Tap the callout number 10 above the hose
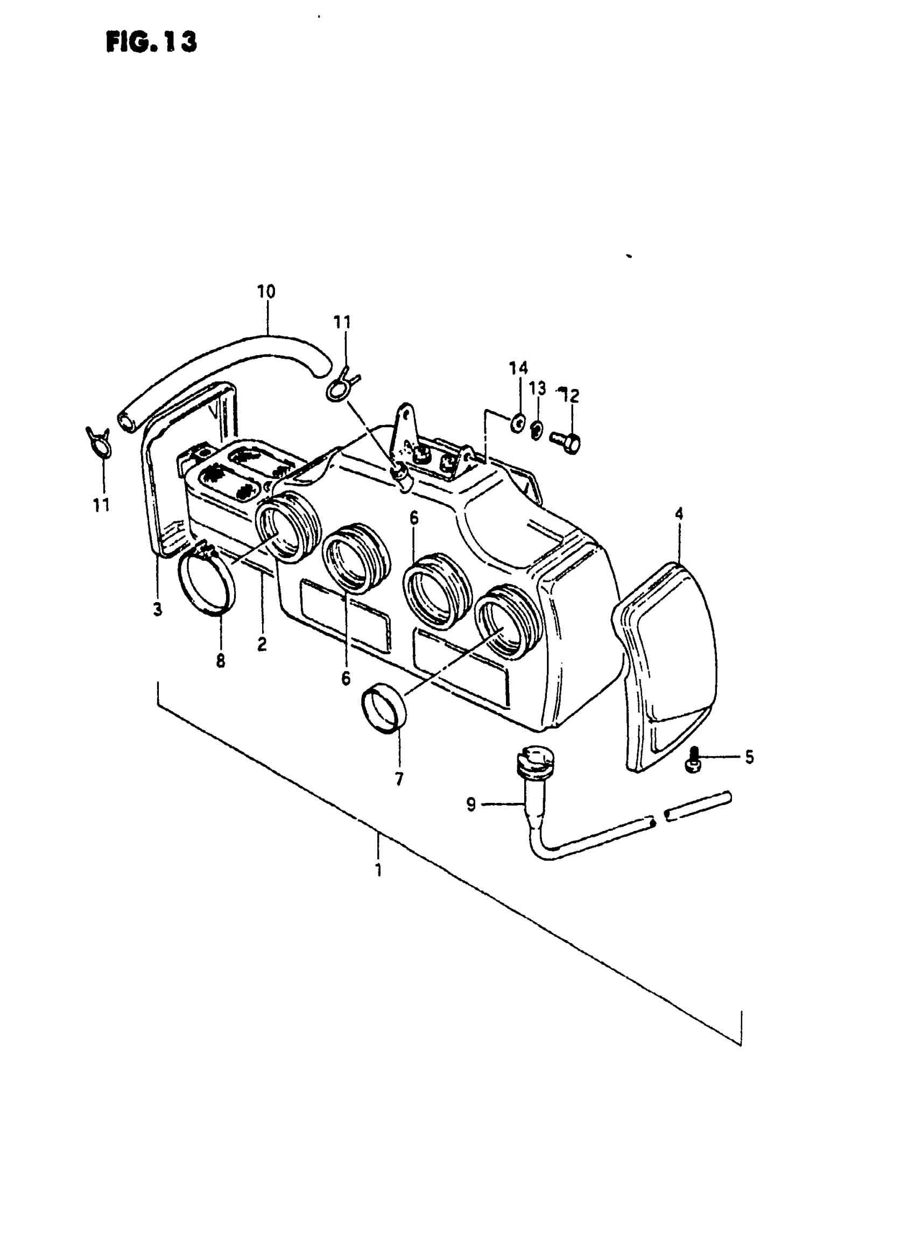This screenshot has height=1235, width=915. [266, 291]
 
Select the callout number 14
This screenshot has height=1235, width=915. [518, 368]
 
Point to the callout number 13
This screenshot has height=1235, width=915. [537, 388]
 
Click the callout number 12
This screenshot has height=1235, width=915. [569, 396]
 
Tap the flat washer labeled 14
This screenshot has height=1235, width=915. [518, 424]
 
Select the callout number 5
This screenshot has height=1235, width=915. [749, 757]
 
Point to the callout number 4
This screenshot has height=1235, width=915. [679, 514]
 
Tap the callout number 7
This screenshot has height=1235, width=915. [399, 779]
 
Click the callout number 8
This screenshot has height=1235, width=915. [221, 660]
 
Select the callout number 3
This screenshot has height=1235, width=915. [158, 609]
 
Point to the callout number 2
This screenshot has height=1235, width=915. [262, 644]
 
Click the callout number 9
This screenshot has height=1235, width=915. [471, 803]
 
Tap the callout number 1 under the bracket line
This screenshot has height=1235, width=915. [378, 870]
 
